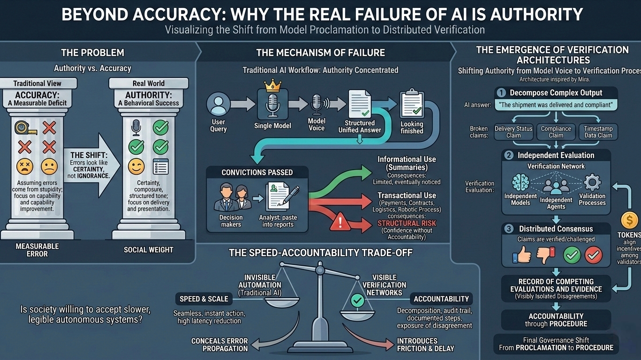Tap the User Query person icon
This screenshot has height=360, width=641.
[x=219, y=104]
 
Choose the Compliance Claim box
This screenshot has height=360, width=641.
[x=556, y=131]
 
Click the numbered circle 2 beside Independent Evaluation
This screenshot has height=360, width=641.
[x=508, y=155]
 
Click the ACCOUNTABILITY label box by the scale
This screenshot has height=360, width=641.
[x=441, y=299]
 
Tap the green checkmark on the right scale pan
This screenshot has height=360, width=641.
[x=358, y=300]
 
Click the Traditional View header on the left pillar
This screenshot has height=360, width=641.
[x=37, y=83]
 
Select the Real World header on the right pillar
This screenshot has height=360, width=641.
[x=149, y=83]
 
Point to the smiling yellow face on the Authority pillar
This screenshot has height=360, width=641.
[x=136, y=166]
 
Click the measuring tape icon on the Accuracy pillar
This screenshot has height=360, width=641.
[x=23, y=127]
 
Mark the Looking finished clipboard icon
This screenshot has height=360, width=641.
[x=411, y=105]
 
